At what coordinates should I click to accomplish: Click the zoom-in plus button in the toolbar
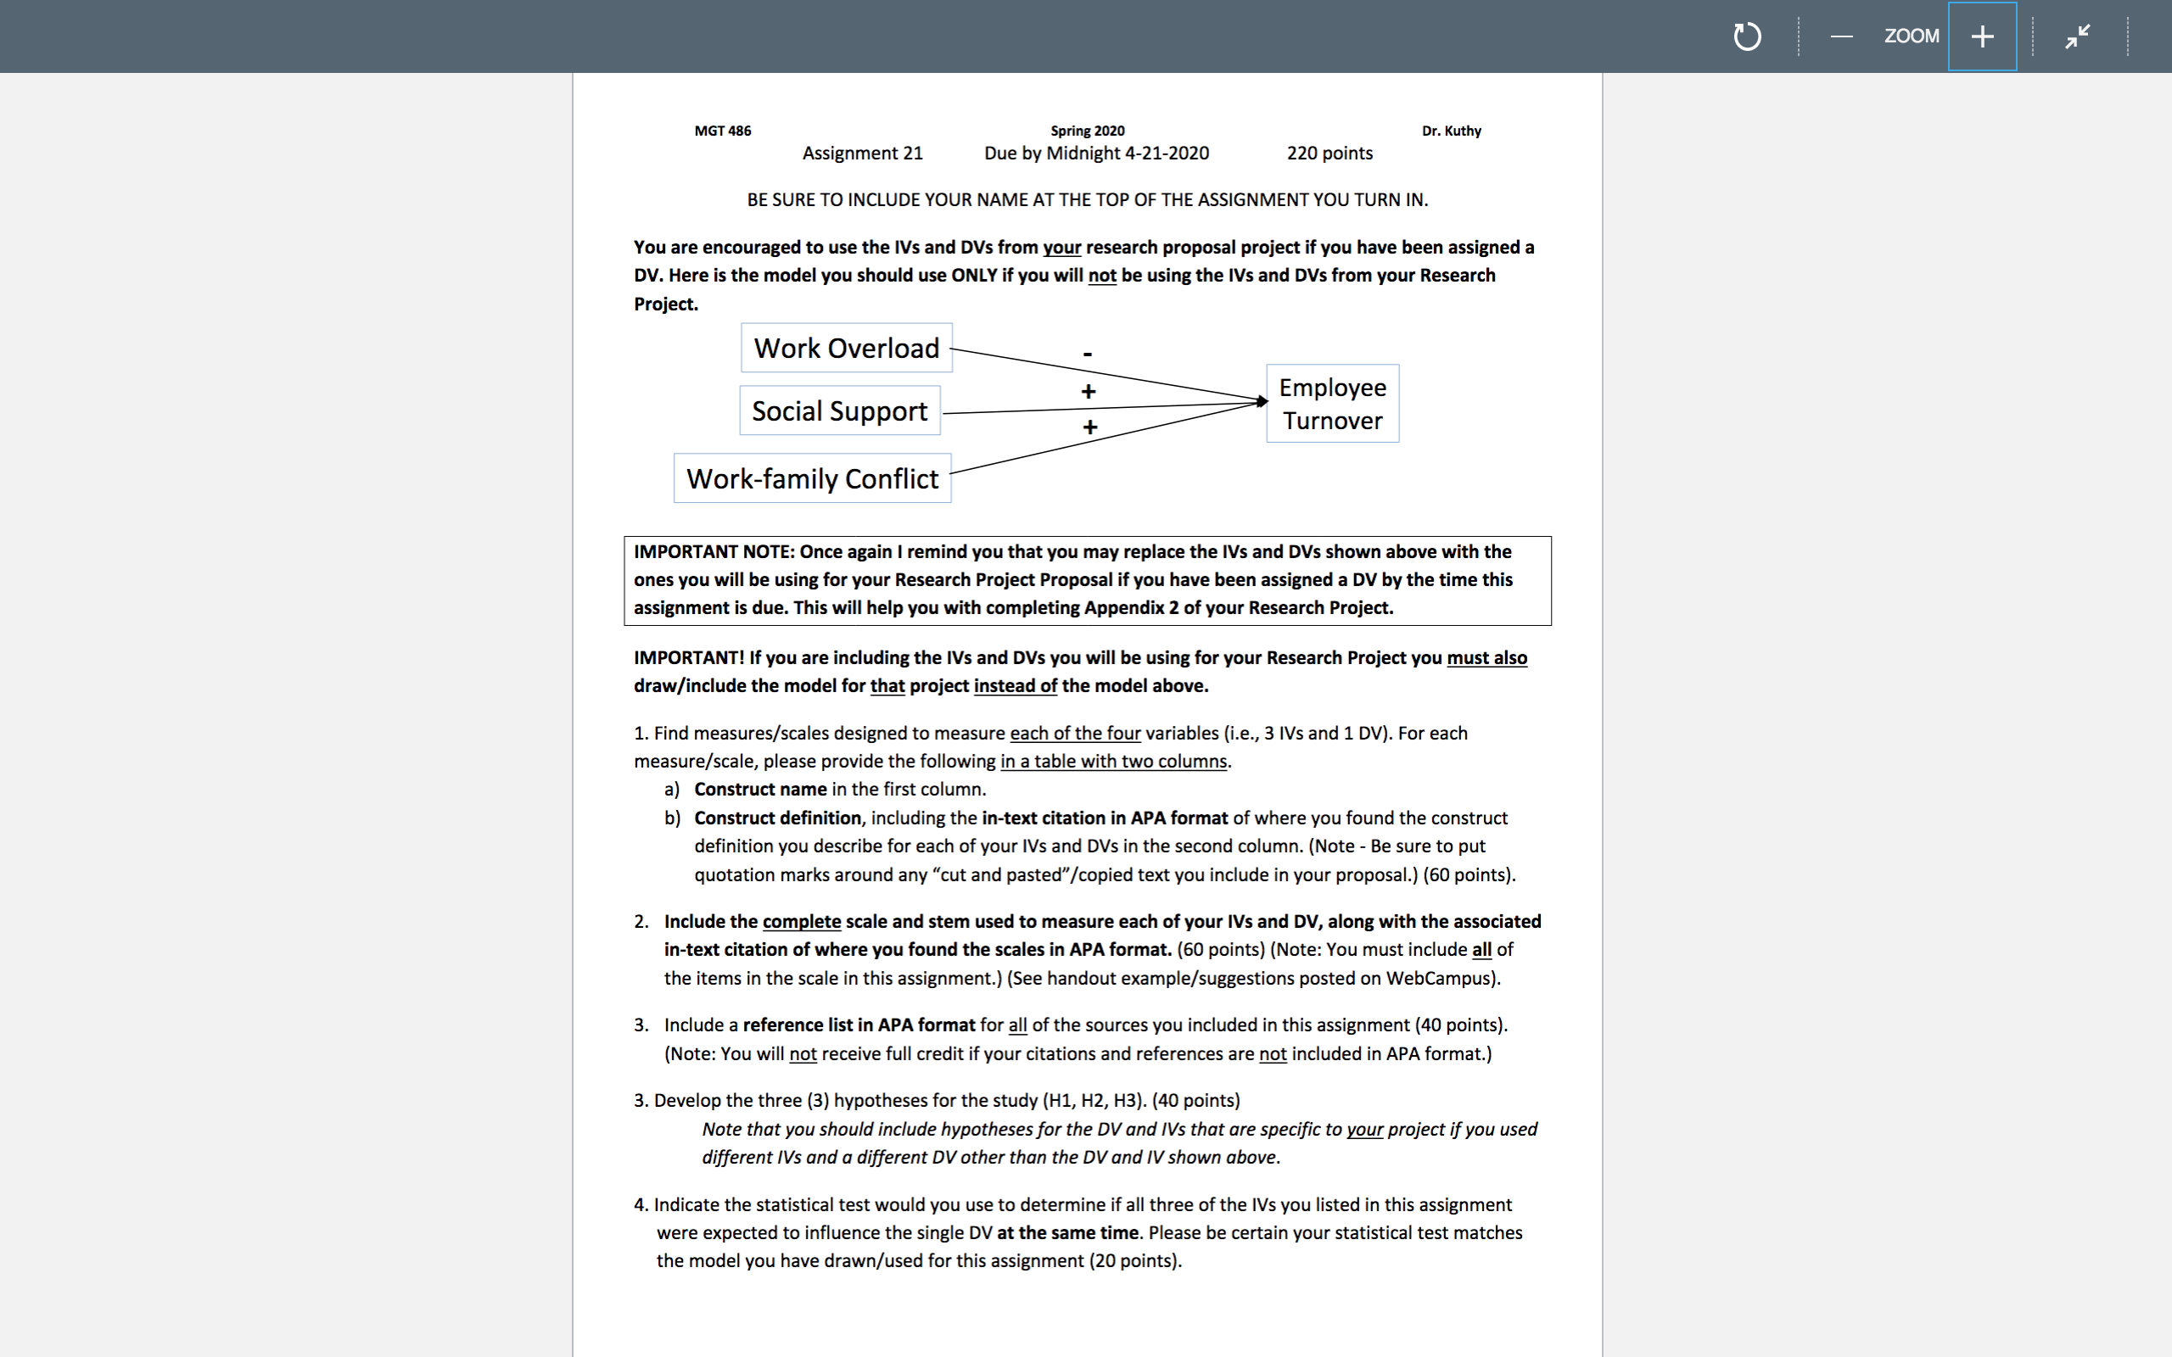pos(1982,36)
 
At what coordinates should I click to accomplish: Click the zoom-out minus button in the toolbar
pos(1842,36)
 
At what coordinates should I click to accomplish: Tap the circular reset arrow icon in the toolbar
pos(1747,36)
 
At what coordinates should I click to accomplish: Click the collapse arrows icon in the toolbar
pos(2077,36)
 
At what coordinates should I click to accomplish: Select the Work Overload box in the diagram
pos(847,349)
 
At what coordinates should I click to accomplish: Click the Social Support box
pos(839,411)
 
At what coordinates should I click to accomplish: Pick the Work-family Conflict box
pos(812,478)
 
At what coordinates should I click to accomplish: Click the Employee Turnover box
pos(1332,404)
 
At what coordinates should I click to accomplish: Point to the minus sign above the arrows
pos(1088,354)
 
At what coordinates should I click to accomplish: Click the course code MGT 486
pos(723,131)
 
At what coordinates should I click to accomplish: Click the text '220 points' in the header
pos(1330,154)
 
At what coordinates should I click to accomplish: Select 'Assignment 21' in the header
pos(862,154)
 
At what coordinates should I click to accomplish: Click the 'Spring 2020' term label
pos(1087,131)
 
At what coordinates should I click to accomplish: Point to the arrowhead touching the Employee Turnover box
pos(1261,401)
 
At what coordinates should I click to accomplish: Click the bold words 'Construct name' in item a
pos(760,789)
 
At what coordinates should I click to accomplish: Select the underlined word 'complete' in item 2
pos(802,922)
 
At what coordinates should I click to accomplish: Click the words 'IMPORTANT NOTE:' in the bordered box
pos(714,552)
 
